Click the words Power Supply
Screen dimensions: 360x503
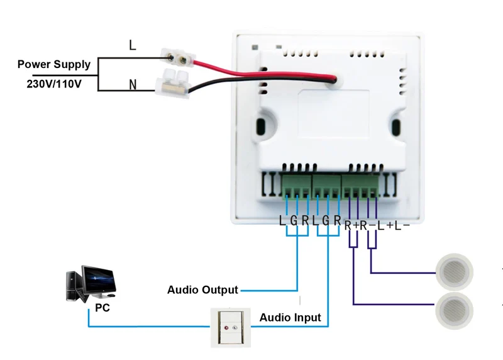(54, 64)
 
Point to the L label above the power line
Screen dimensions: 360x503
(131, 45)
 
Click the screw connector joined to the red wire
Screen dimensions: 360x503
(178, 59)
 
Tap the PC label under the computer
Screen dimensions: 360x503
(102, 308)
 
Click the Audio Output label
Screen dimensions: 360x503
(202, 290)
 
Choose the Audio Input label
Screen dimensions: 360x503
(290, 318)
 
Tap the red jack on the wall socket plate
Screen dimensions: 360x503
(224, 327)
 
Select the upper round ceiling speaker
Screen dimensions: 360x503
(454, 270)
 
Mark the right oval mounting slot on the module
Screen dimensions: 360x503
(397, 127)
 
